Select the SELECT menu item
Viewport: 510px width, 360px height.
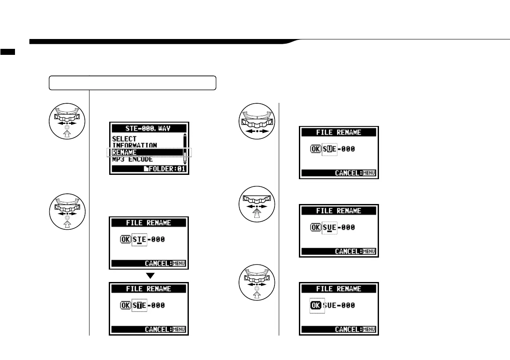pyautogui.click(x=124, y=139)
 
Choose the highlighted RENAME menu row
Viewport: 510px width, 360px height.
pyautogui.click(x=148, y=152)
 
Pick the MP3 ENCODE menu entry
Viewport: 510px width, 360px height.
pyautogui.click(x=132, y=159)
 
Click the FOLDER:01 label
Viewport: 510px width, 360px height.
pyautogui.click(x=167, y=169)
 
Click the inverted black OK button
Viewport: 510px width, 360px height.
pyautogui.click(x=316, y=306)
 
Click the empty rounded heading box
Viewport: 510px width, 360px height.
pyautogui.click(x=132, y=83)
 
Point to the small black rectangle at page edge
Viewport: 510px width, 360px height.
pyautogui.click(x=7, y=52)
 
